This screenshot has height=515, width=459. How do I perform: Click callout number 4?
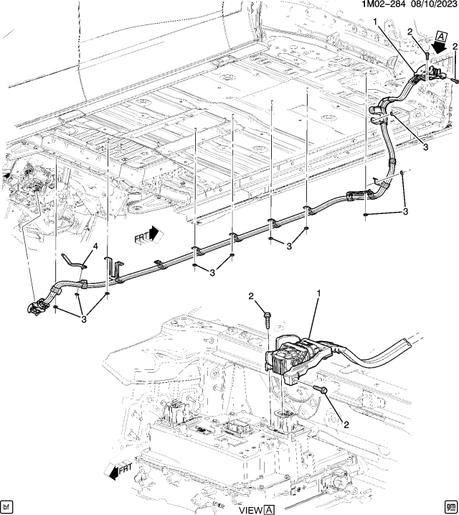click(94, 249)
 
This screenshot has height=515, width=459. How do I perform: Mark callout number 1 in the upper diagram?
click(374, 23)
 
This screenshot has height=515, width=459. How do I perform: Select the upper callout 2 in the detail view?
click(252, 297)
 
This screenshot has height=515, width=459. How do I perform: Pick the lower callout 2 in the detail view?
click(346, 425)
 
